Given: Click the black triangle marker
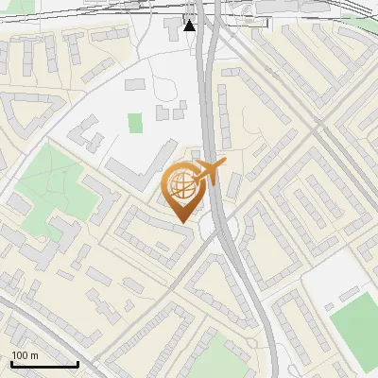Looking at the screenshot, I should pyautogui.click(x=189, y=25).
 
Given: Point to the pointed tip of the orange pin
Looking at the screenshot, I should pyautogui.click(x=180, y=221).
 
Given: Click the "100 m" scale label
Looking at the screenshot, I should pyautogui.click(x=25, y=355).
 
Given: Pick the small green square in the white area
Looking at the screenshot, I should pyautogui.click(x=135, y=123).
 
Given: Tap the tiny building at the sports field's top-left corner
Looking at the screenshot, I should pyautogui.click(x=327, y=307).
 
